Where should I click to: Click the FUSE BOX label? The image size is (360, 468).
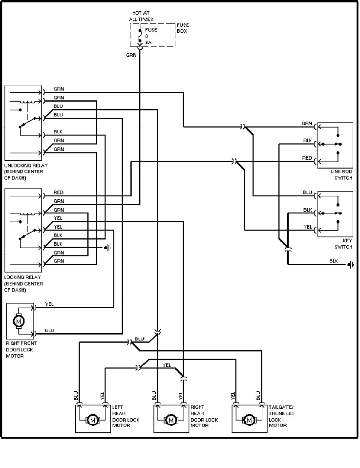click(183, 28)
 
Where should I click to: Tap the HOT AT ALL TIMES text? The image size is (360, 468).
click(141, 16)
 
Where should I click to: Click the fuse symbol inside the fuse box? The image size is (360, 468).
click(140, 36)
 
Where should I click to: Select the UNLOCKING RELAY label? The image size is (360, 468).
click(25, 171)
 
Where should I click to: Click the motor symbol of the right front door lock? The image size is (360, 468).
click(20, 321)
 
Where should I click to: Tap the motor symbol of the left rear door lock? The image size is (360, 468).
click(92, 419)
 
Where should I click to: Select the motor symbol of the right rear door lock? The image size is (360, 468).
click(170, 419)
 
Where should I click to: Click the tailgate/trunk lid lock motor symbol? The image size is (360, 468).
click(249, 419)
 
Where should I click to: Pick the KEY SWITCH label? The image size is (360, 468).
click(343, 244)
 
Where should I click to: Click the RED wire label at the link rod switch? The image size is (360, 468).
click(307, 158)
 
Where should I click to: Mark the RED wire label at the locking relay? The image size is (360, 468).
click(58, 192)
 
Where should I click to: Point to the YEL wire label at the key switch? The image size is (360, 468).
click(307, 227)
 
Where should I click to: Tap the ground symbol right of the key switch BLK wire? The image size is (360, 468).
click(350, 265)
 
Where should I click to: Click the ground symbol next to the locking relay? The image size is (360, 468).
click(108, 248)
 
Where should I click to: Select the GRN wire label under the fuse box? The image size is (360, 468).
click(131, 55)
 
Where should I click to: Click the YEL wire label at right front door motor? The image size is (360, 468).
click(49, 304)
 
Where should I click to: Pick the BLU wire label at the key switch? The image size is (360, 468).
click(307, 192)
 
